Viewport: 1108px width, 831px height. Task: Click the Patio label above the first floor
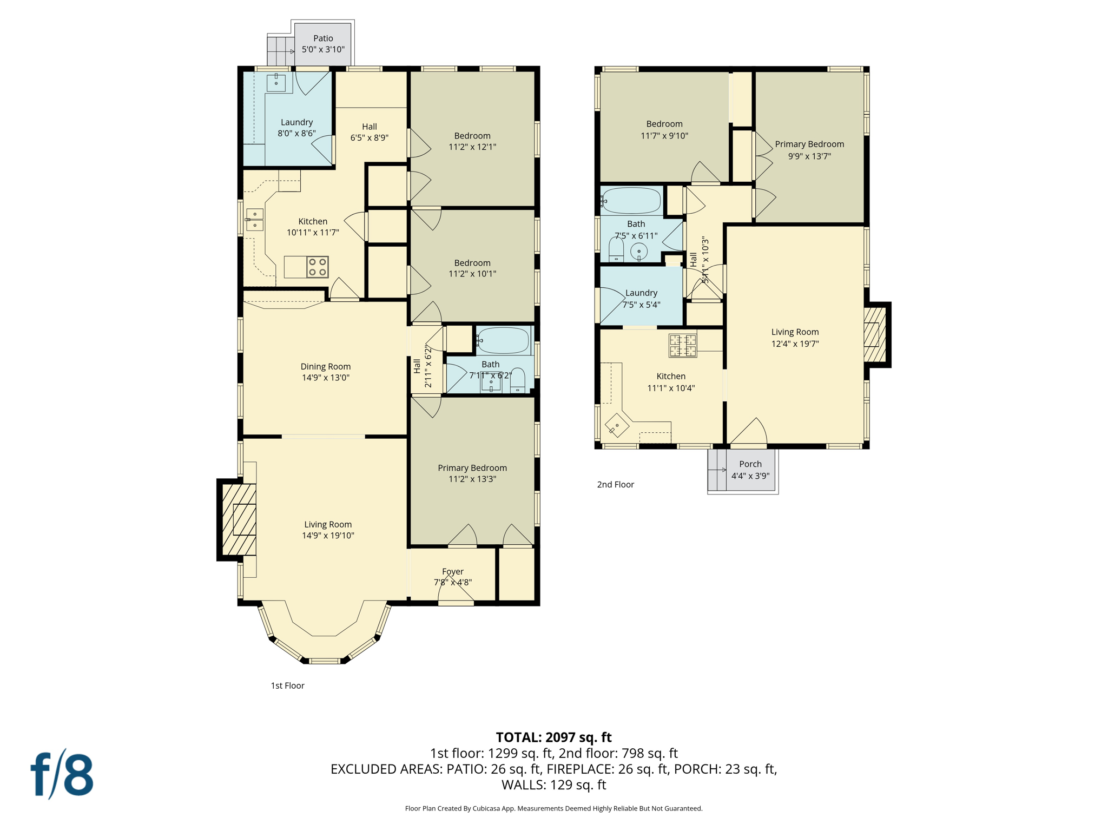click(323, 38)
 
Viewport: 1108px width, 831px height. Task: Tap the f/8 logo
click(62, 774)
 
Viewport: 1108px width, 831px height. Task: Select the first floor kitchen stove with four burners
click(317, 267)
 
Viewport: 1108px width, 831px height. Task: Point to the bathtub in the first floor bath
click(503, 340)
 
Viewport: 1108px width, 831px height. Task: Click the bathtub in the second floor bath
click(631, 201)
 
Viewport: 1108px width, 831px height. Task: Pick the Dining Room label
click(325, 367)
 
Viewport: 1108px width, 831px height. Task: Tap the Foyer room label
click(453, 571)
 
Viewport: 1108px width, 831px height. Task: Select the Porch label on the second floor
click(750, 464)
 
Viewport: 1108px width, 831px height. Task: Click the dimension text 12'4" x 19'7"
click(795, 344)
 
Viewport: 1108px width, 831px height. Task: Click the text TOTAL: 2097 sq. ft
click(553, 737)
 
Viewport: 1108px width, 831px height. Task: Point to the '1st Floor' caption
click(287, 685)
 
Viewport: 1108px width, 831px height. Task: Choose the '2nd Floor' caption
click(615, 485)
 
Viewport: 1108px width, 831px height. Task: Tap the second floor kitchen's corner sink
click(617, 425)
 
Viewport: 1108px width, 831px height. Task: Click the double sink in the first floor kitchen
click(255, 220)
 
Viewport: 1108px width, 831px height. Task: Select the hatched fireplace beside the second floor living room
click(874, 335)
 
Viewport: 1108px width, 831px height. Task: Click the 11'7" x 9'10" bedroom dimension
click(664, 136)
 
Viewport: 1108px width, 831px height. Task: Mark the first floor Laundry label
click(296, 122)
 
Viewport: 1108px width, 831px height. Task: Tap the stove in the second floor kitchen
click(683, 346)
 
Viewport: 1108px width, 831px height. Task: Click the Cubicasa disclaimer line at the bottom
click(553, 808)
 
